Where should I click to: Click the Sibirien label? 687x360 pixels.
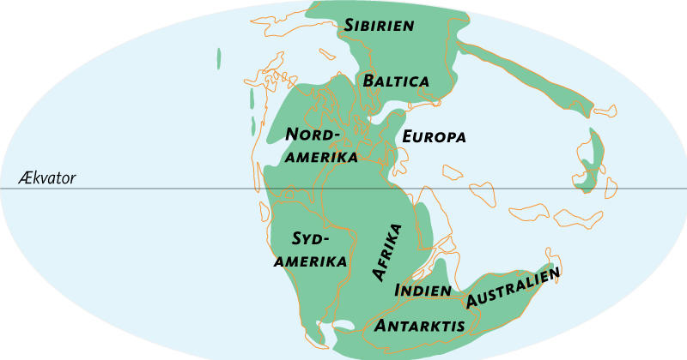pyautogui.click(x=380, y=25)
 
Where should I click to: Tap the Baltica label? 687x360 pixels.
pyautogui.click(x=396, y=81)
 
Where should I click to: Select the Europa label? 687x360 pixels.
pyautogui.click(x=434, y=137)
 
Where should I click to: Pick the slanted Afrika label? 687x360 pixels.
pyautogui.click(x=386, y=252)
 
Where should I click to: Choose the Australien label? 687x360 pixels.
pyautogui.click(x=514, y=288)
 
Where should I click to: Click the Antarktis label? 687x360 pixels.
pyautogui.click(x=421, y=326)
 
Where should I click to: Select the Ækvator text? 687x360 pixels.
pyautogui.click(x=46, y=179)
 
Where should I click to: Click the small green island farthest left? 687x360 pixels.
pyautogui.click(x=219, y=58)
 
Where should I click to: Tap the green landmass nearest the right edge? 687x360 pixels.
pyautogui.click(x=589, y=163)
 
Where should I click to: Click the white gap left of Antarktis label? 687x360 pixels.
pyautogui.click(x=341, y=326)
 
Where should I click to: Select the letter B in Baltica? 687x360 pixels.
pyautogui.click(x=369, y=81)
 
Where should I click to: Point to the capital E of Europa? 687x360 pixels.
pyautogui.click(x=408, y=137)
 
